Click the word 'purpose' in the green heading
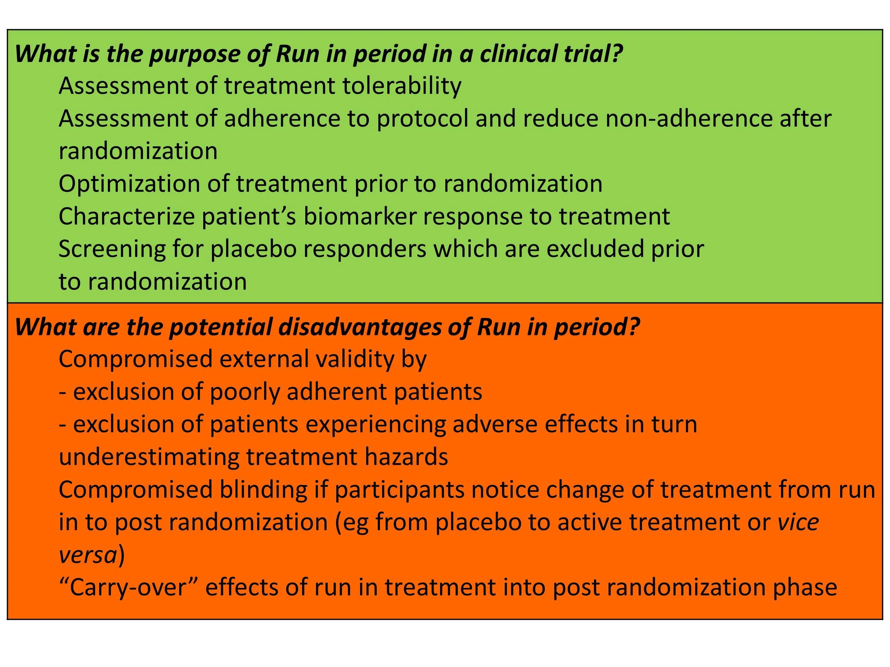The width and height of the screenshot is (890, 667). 194,54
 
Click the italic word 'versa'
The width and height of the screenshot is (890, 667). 87,555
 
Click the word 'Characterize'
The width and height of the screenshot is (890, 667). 127,216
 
